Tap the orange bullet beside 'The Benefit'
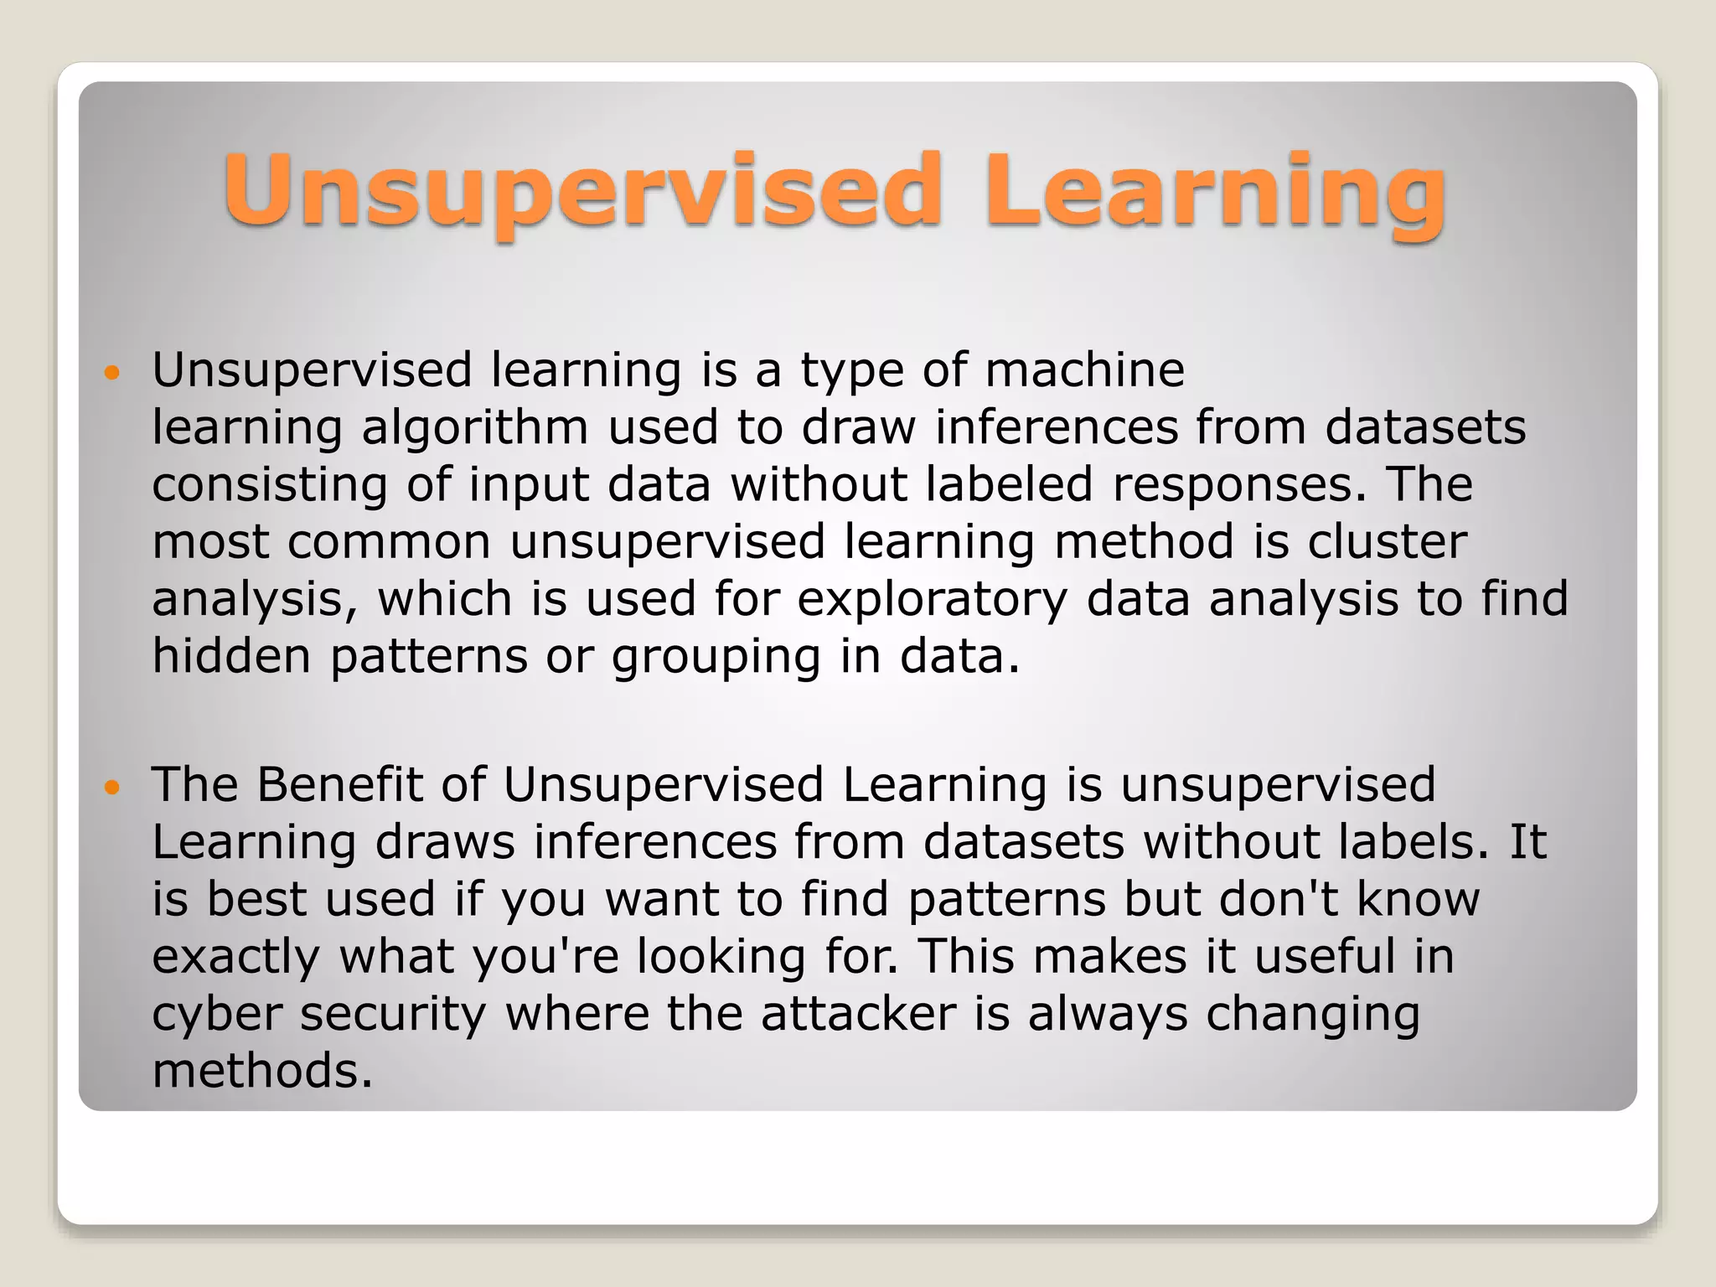click(111, 787)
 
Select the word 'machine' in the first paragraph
click(1084, 370)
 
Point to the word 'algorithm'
click(475, 428)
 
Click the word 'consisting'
click(270, 485)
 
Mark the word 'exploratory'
click(932, 600)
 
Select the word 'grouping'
click(716, 658)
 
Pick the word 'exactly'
click(235, 957)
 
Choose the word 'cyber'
click(217, 1014)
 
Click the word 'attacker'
click(858, 1013)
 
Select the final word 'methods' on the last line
click(256, 1071)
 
